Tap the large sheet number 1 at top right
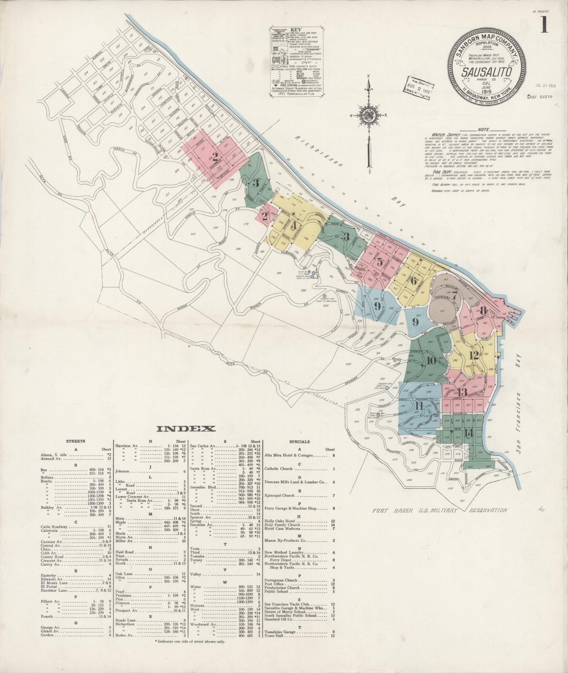coord(544,25)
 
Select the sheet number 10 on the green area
coord(431,360)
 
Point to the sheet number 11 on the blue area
coord(419,406)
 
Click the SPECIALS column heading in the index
coord(299,442)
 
